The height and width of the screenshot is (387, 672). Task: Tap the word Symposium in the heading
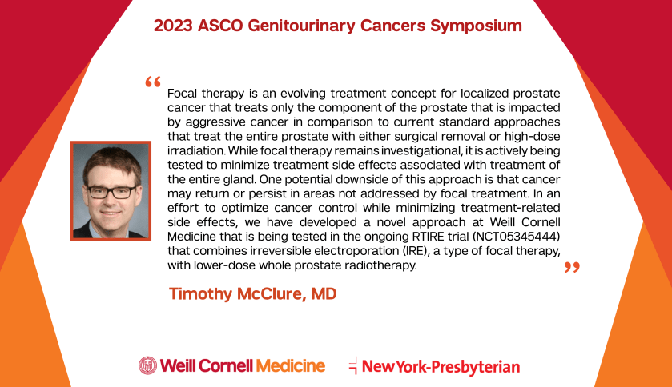pos(476,26)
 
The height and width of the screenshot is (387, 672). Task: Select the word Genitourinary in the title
pos(301,26)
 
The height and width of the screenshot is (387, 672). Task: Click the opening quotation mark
pos(153,82)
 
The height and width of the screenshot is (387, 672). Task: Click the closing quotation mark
pos(572,267)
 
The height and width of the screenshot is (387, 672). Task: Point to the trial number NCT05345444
pos(516,237)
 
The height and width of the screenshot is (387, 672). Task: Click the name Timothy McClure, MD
pos(253,293)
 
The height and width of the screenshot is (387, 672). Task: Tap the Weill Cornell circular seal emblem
pos(148,365)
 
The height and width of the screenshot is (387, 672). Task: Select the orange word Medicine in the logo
pos(291,365)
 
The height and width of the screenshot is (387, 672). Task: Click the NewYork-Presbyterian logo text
pos(441,367)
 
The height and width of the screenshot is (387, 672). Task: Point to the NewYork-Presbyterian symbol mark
pos(353,365)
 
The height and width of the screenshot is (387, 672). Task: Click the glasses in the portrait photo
pos(111,192)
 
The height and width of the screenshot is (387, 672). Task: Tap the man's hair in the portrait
pos(112,162)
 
